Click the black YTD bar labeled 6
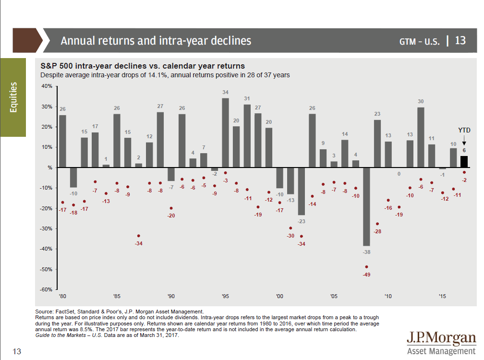464,162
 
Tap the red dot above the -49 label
367,267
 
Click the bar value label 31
247,99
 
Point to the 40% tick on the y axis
47,86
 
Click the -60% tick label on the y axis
46,289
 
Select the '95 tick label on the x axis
225,297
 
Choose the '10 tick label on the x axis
388,297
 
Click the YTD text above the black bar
464,130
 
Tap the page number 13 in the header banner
460,40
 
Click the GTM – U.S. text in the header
419,41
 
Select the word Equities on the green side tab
13,97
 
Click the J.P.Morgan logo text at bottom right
441,338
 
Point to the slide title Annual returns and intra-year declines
156,41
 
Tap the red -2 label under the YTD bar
464,180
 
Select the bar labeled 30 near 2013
421,137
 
